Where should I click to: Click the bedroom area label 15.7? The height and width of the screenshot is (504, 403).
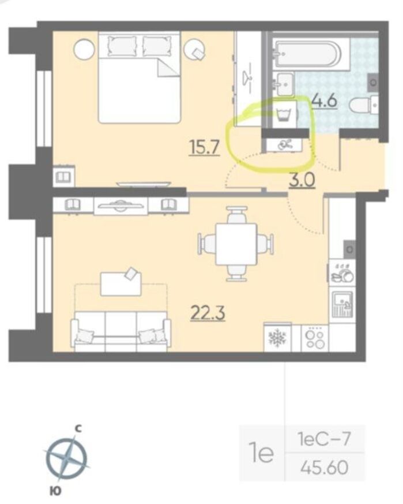tap(205, 148)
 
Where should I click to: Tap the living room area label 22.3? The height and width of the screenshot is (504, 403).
tap(208, 313)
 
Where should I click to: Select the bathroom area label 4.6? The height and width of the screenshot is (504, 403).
tap(325, 100)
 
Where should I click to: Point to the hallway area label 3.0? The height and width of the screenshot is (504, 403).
tap(302, 180)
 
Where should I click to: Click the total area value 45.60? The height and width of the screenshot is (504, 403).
tap(325, 467)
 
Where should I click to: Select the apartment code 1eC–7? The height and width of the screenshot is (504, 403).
tap(323, 439)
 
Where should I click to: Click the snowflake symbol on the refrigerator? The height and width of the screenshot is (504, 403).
tap(277, 338)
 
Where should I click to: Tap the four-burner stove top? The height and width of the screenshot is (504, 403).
tap(315, 338)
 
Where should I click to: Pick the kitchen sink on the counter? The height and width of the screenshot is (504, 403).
tap(342, 304)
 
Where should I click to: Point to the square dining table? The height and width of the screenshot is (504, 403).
tap(236, 244)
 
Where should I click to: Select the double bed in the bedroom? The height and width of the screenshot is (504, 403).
tap(140, 77)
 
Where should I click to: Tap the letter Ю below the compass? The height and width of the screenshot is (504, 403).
tap(56, 491)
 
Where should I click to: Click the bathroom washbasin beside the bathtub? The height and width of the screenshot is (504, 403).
tap(284, 84)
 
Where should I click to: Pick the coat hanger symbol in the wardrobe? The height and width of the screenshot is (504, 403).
tap(248, 77)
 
